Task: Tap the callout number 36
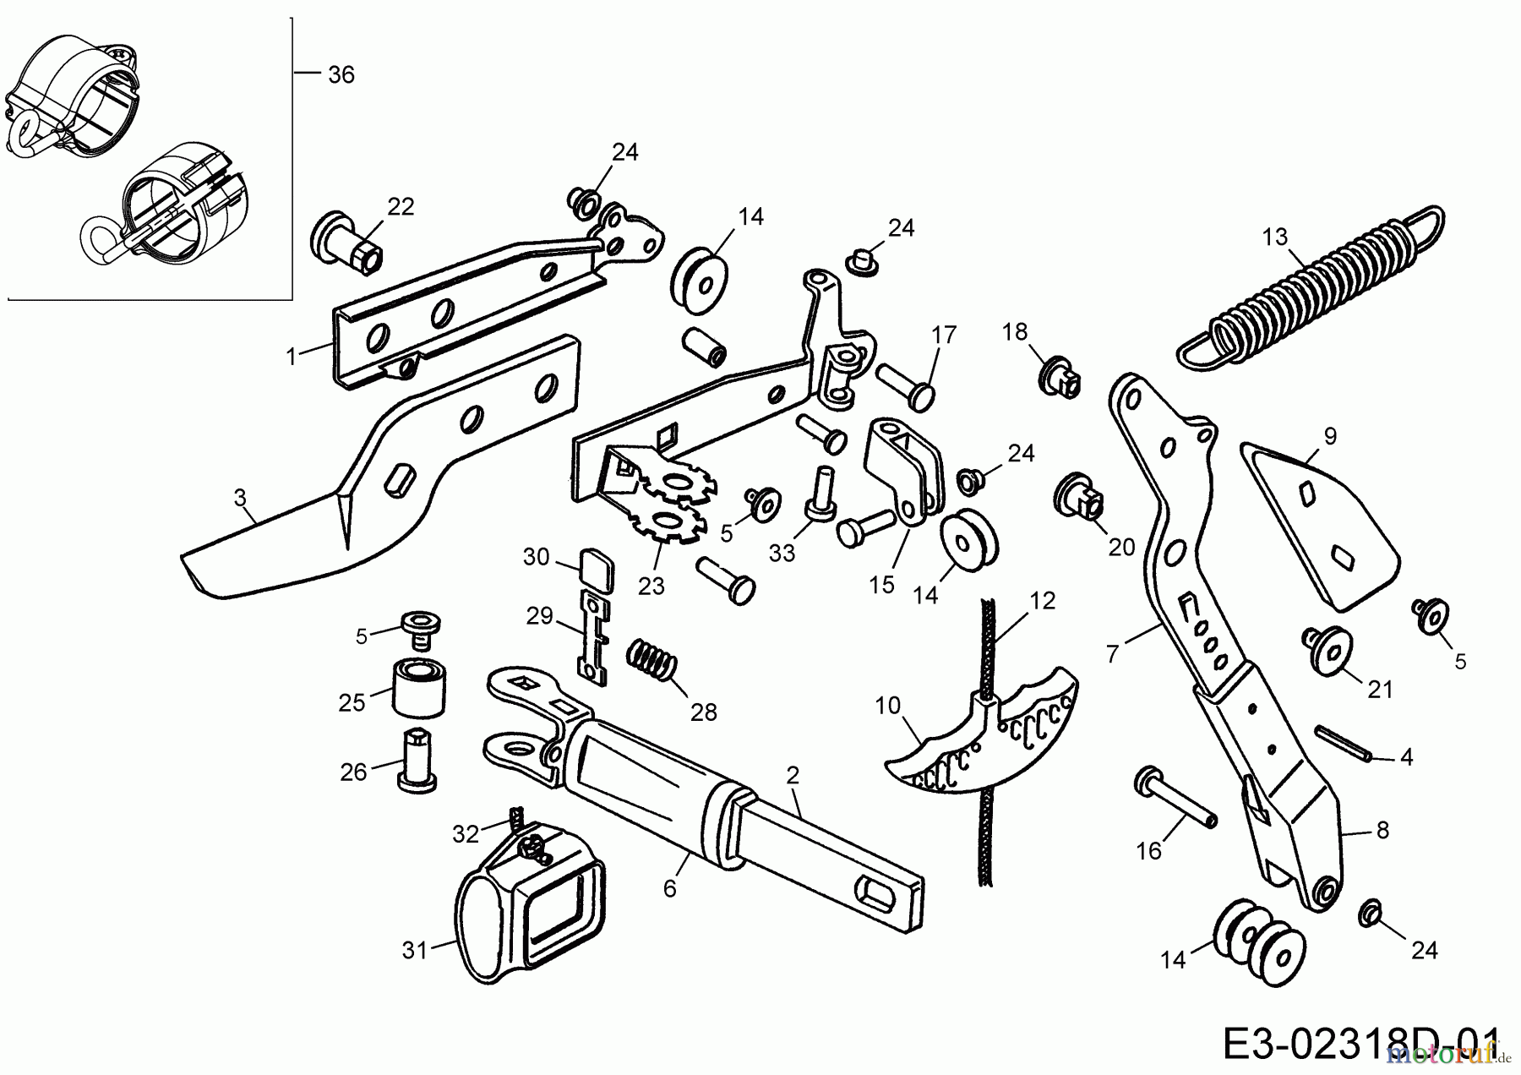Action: pyautogui.click(x=341, y=75)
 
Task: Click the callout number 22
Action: pyautogui.click(x=401, y=206)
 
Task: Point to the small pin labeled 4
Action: pyautogui.click(x=1343, y=744)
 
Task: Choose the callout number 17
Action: pyautogui.click(x=944, y=335)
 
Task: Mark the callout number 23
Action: pyautogui.click(x=651, y=586)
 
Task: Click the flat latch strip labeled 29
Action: pyautogui.click(x=593, y=636)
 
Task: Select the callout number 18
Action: pyautogui.click(x=1015, y=331)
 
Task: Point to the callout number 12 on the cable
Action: pyautogui.click(x=1044, y=601)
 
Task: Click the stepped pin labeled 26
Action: pyautogui.click(x=418, y=760)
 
